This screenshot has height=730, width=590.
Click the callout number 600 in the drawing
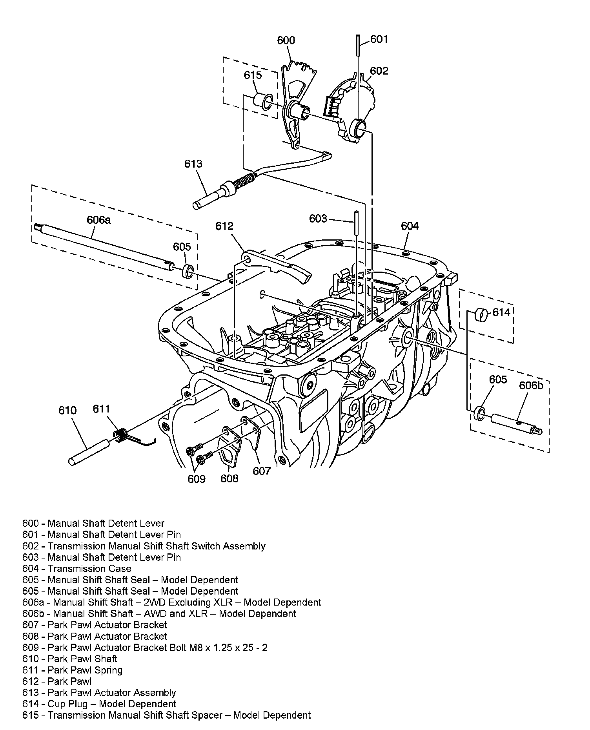286,40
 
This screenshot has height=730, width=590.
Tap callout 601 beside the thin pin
379,39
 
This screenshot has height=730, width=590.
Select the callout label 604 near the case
410,226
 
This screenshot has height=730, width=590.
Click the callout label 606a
99,220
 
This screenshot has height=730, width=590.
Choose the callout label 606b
531,385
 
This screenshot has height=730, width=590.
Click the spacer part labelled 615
262,101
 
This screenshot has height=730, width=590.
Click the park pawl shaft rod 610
89,453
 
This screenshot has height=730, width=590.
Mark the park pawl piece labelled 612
277,265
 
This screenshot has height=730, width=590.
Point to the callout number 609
196,479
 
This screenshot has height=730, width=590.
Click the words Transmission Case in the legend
89,569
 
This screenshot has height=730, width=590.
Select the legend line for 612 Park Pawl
57,681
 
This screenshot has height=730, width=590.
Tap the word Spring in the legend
109,670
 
